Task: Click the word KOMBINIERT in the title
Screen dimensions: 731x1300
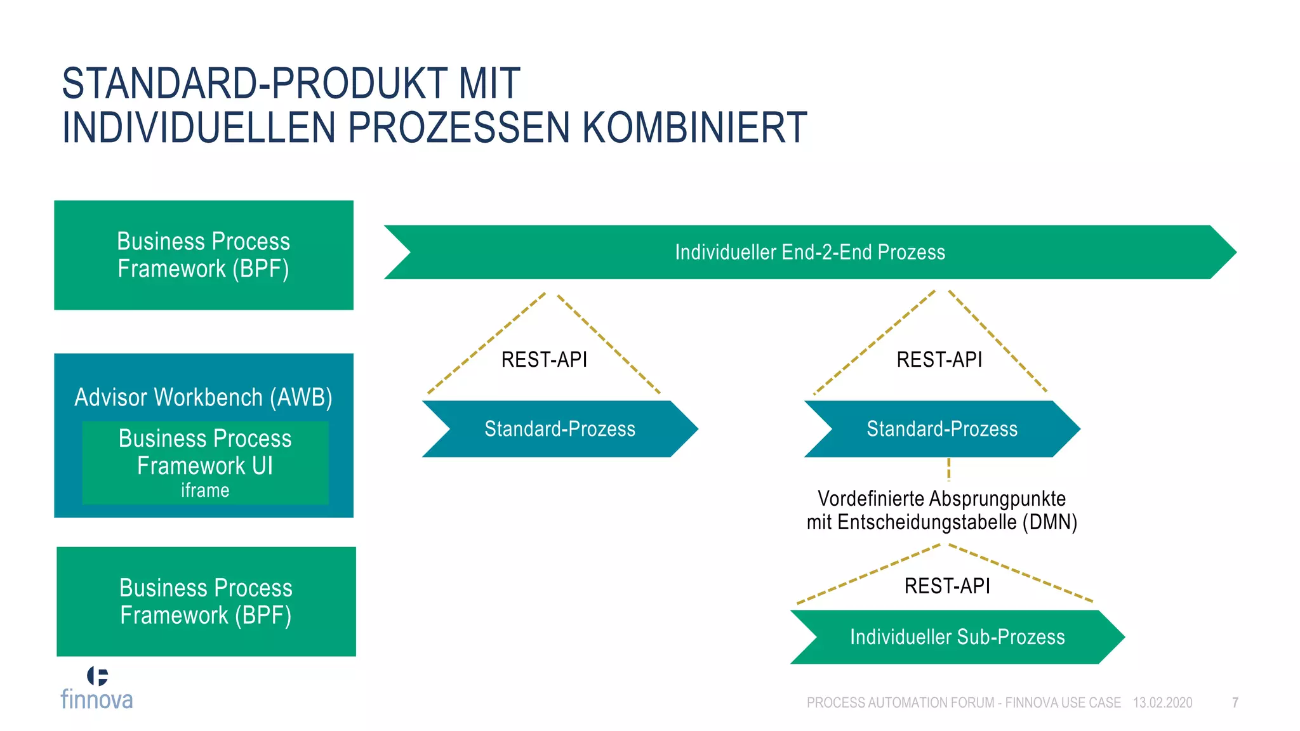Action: click(x=694, y=128)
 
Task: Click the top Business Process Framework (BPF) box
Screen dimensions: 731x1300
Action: click(x=204, y=255)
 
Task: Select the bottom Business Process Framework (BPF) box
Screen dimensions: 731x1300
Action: click(x=206, y=602)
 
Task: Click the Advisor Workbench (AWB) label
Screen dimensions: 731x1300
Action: click(x=203, y=397)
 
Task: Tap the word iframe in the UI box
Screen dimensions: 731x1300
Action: click(x=205, y=491)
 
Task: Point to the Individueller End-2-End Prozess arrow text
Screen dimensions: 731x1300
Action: click(x=809, y=253)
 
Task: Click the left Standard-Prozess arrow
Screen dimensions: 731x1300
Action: click(x=559, y=429)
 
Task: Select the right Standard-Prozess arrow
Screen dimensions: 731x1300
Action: click(x=941, y=429)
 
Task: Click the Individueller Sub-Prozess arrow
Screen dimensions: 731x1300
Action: click(x=957, y=637)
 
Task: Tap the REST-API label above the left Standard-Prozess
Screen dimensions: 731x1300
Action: click(x=544, y=360)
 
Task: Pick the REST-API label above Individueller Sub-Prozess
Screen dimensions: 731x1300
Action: click(x=947, y=586)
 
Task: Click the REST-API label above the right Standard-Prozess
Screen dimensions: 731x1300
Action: click(x=939, y=360)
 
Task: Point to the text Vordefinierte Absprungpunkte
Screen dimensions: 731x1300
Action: click(x=941, y=499)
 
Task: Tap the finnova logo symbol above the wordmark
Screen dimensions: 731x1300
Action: click(x=97, y=676)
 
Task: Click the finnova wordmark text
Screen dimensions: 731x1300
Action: click(x=96, y=699)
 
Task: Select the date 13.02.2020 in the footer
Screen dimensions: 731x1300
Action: click(x=1162, y=702)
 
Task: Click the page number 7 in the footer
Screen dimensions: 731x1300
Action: click(x=1235, y=702)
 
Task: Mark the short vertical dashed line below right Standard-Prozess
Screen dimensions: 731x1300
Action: click(x=948, y=470)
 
